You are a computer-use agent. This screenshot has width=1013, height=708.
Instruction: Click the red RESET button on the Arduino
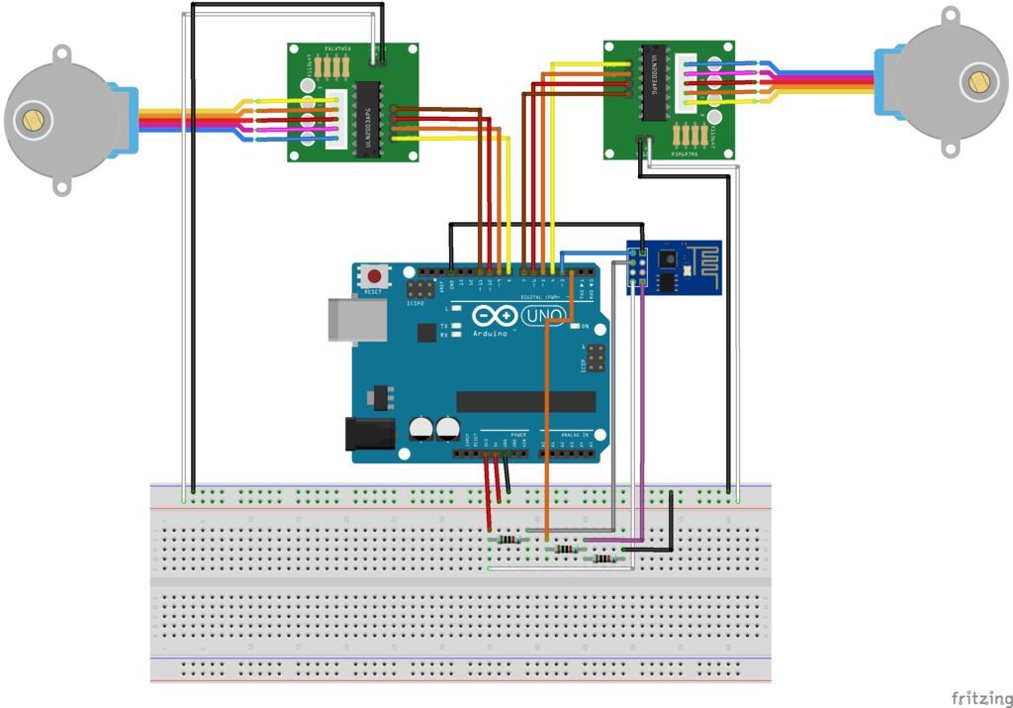374,277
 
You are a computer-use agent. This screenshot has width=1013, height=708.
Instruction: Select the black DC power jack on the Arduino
362,434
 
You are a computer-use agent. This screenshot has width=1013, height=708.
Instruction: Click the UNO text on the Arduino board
542,316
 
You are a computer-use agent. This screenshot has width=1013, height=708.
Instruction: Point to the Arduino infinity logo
495,317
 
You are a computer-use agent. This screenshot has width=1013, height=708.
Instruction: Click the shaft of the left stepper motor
35,120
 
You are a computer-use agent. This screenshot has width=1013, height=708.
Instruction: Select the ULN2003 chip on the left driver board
368,111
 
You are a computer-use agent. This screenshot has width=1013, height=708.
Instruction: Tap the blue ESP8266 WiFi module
675,266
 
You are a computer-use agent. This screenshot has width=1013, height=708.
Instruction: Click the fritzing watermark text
981,698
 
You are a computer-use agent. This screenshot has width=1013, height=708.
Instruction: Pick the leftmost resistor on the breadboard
507,540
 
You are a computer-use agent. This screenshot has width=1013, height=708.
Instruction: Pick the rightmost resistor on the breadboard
602,558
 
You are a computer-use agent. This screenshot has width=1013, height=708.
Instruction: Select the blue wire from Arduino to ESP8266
594,253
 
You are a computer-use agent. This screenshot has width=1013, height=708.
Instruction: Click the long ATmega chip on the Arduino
525,401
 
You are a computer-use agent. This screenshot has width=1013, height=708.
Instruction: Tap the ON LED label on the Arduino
585,326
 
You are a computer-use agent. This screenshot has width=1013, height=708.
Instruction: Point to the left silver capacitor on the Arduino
421,429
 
